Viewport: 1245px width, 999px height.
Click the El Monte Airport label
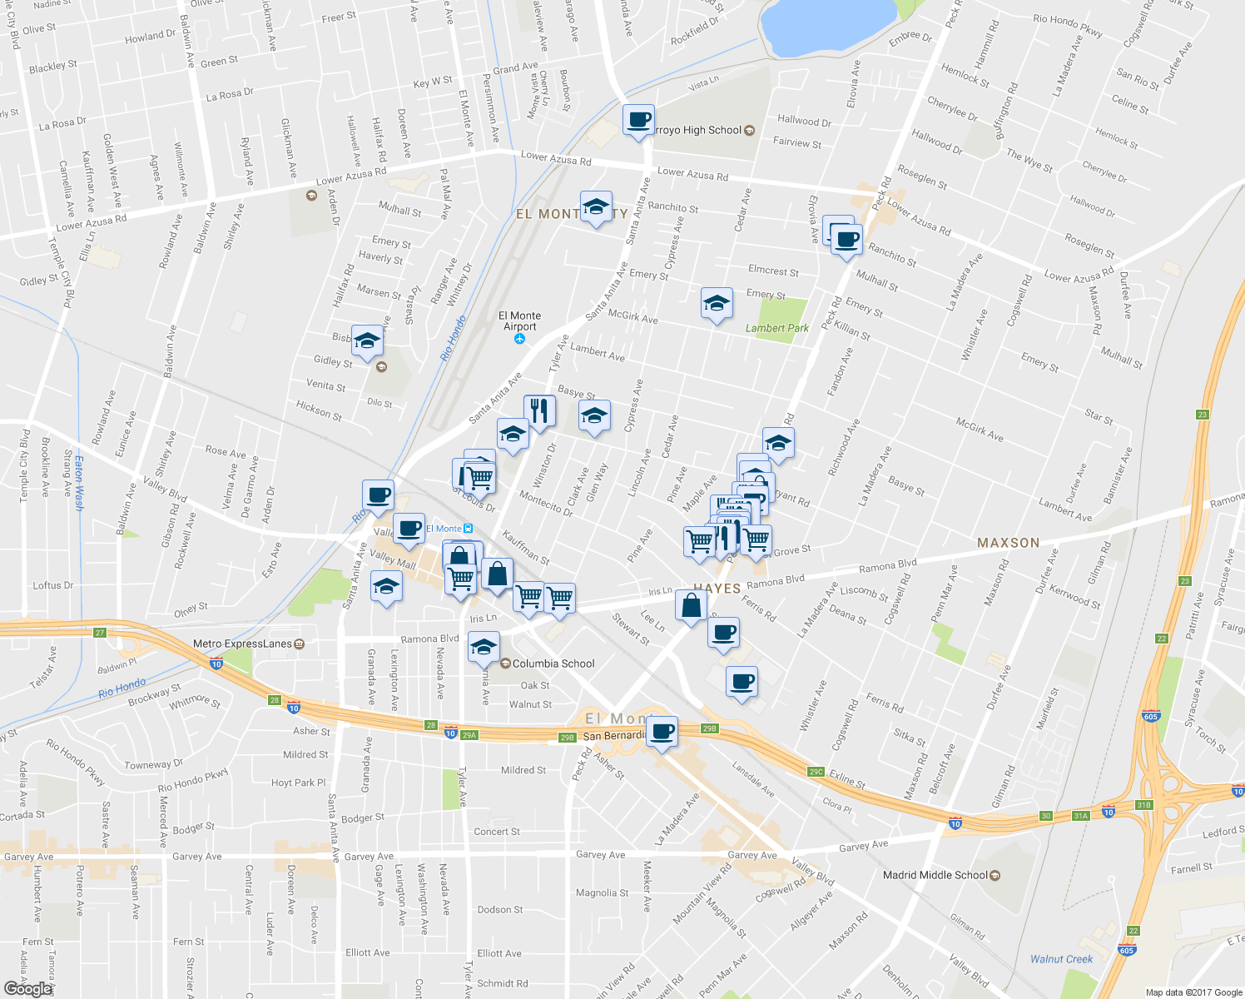coord(519,321)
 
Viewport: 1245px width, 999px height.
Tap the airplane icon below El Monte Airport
coord(520,339)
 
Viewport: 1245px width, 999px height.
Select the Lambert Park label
coord(776,328)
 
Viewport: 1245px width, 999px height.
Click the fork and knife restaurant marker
coord(539,410)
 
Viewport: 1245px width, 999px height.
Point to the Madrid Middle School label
coord(935,875)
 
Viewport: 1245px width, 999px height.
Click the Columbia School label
coord(553,664)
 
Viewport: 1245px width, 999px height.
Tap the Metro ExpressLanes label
coord(242,644)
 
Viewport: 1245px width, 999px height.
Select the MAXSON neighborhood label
coord(1008,543)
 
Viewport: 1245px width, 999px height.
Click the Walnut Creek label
coord(1061,959)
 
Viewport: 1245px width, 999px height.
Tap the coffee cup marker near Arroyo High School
coord(638,121)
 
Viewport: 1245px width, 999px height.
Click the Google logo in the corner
coord(27,988)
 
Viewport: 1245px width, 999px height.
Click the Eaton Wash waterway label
coord(80,482)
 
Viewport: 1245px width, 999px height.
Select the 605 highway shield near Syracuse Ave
coord(1151,716)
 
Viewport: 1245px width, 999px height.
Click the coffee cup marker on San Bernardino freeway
coord(662,732)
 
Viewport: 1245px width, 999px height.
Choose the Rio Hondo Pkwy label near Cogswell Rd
coord(1068,26)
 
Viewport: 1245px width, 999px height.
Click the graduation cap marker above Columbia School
coord(484,646)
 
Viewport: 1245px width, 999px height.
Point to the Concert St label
coord(497,832)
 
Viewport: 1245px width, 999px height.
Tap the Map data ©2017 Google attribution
coord(1193,992)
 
